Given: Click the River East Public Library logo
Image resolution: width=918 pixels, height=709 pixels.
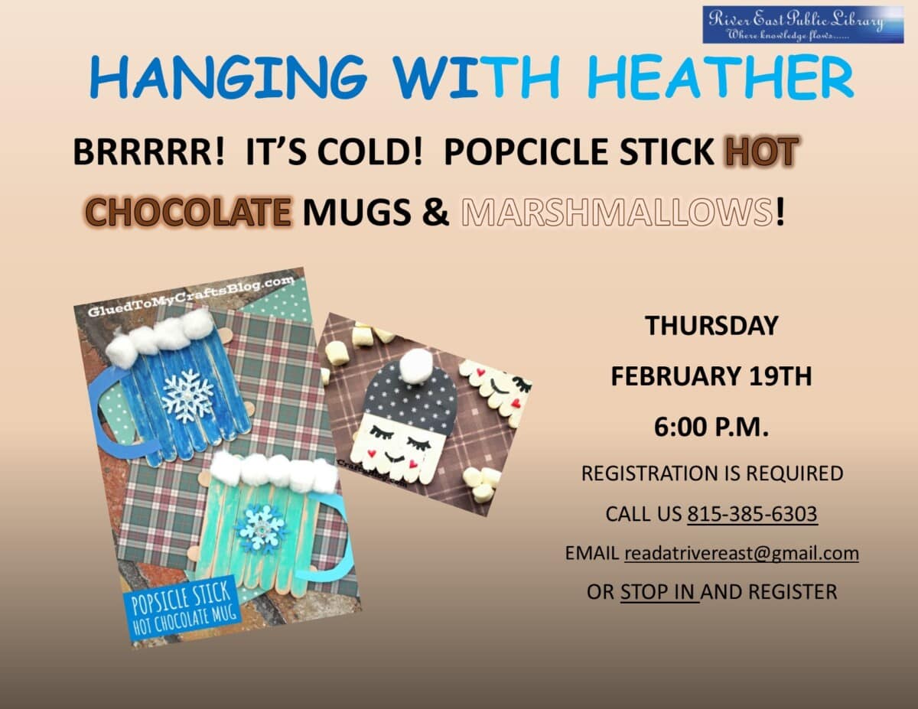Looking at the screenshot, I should point(803,24).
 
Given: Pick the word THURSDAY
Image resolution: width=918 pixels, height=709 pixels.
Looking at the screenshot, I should point(711,326).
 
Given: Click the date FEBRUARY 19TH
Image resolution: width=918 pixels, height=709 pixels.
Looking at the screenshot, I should point(711,377).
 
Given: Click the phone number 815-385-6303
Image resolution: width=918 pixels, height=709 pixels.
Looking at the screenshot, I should point(752,514).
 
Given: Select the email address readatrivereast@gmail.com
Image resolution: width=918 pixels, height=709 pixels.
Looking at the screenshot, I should point(741,553).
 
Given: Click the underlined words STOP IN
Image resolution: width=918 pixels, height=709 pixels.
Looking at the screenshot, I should point(659,591).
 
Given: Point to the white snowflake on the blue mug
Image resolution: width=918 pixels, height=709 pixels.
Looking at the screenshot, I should point(187,395).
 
